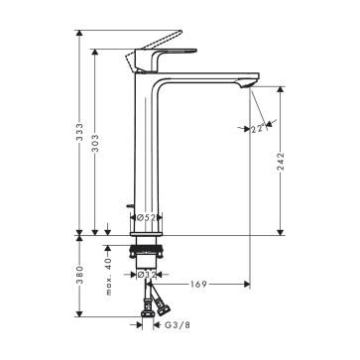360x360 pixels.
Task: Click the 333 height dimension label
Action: click(x=79, y=132)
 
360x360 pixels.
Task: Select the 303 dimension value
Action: click(x=95, y=143)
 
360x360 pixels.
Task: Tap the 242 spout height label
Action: click(x=281, y=162)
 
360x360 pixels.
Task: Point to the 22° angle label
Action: click(x=258, y=129)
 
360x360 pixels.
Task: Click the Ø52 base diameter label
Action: click(x=146, y=217)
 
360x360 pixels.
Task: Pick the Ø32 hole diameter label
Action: click(x=146, y=275)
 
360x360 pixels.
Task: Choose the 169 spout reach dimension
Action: click(x=198, y=284)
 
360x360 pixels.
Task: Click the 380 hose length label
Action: click(x=79, y=275)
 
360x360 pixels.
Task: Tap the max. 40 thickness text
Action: click(x=109, y=277)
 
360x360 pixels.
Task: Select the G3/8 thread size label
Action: click(x=178, y=325)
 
